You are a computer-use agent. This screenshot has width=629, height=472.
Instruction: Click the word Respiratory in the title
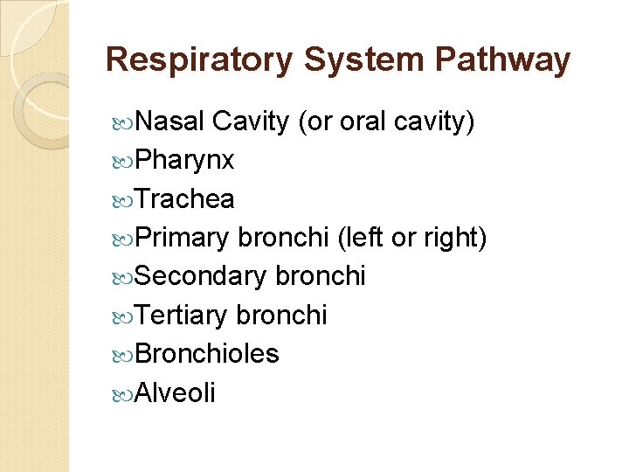(x=198, y=60)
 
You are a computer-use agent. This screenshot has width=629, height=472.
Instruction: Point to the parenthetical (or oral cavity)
(x=386, y=122)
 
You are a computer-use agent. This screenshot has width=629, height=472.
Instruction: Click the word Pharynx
(x=184, y=161)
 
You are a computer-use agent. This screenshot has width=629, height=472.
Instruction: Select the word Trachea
(x=184, y=199)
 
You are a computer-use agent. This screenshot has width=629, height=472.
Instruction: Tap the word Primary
(x=183, y=238)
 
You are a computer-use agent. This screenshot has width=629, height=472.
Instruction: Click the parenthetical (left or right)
(x=411, y=238)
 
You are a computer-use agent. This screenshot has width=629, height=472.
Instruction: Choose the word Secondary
(x=201, y=276)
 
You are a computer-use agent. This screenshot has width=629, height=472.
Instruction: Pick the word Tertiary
(x=182, y=315)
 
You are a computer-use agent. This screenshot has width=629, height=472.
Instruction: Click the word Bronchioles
(x=207, y=353)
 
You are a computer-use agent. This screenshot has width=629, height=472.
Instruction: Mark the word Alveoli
(x=175, y=392)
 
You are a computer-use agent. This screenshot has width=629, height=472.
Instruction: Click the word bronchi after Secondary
(x=320, y=276)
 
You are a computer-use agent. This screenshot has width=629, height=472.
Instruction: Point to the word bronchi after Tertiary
(x=281, y=315)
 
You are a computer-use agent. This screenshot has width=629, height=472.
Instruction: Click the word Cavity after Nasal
(x=250, y=122)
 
